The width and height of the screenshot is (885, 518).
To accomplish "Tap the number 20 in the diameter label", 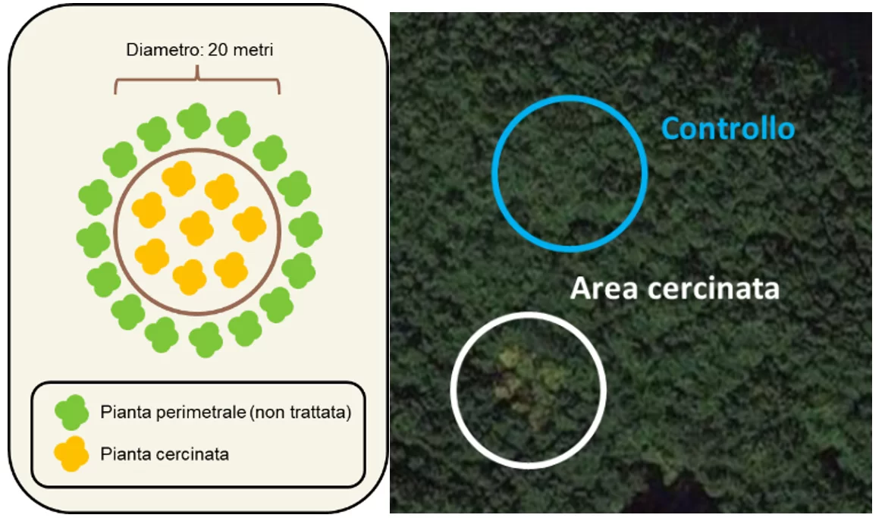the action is pyautogui.click(x=218, y=49).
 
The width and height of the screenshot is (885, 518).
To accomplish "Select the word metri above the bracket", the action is pyautogui.click(x=253, y=49).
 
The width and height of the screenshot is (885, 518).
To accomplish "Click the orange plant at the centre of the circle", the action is pyautogui.click(x=196, y=228).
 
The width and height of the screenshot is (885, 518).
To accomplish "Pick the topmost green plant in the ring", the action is pyautogui.click(x=193, y=121).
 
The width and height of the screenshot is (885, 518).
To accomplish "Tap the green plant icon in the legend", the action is pyautogui.click(x=72, y=412).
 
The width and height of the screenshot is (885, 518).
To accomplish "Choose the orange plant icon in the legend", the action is pyautogui.click(x=72, y=454).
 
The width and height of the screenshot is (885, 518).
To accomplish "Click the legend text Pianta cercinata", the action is pyautogui.click(x=165, y=454).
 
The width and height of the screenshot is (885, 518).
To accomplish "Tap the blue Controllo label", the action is pyautogui.click(x=728, y=129).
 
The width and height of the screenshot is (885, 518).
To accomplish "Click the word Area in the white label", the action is pyautogui.click(x=604, y=288).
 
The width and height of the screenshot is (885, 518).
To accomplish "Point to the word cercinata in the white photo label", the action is pyautogui.click(x=714, y=288).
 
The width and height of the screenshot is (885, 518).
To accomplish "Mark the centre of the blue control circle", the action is pyautogui.click(x=570, y=173).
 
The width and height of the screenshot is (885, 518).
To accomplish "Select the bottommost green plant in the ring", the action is pyautogui.click(x=206, y=340).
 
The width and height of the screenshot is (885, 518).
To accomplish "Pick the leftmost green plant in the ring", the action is pyautogui.click(x=93, y=240).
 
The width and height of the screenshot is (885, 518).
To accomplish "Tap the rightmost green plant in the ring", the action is pyautogui.click(x=306, y=229).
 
